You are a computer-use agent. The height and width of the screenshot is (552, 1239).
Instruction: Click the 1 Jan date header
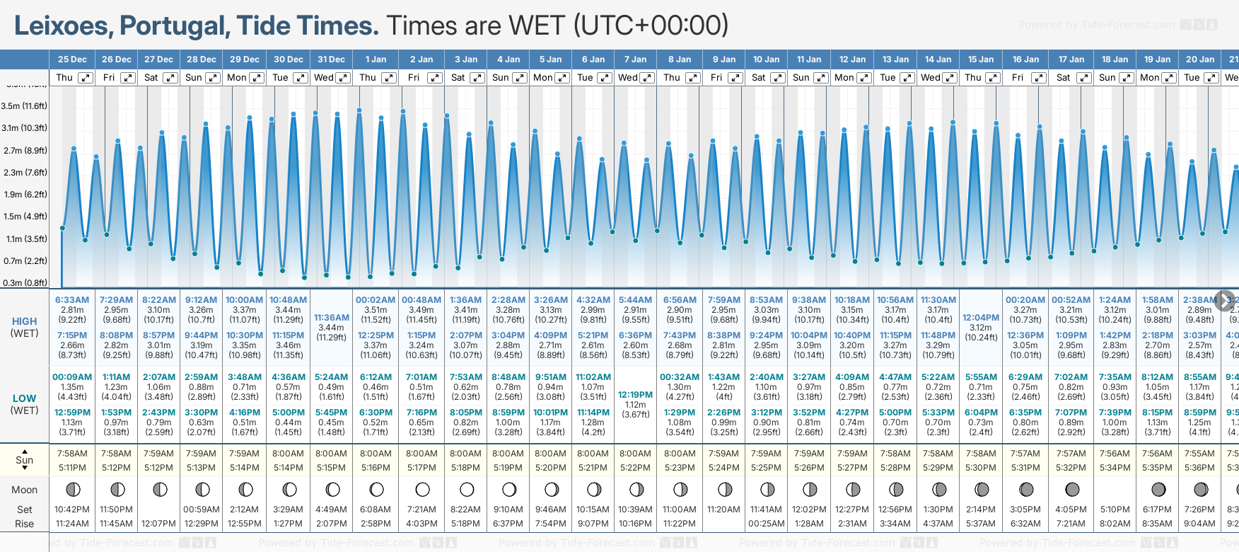click(376, 59)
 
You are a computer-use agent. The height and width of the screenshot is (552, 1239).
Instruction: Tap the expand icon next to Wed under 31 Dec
click(343, 78)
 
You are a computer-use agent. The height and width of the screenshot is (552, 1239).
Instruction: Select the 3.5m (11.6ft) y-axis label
click(24, 106)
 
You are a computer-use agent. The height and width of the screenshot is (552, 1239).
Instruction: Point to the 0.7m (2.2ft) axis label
click(24, 260)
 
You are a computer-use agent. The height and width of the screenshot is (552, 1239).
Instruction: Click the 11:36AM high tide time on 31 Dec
click(331, 318)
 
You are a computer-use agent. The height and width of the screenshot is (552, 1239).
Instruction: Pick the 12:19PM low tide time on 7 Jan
click(635, 395)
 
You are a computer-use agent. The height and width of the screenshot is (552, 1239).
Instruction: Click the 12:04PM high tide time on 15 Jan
click(981, 318)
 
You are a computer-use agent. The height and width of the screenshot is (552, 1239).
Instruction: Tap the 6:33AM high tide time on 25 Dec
click(72, 300)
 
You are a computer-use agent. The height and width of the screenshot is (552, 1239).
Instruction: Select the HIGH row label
click(24, 321)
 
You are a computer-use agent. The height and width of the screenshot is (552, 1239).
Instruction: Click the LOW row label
click(24, 398)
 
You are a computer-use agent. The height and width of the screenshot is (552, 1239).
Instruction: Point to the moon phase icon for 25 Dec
click(72, 489)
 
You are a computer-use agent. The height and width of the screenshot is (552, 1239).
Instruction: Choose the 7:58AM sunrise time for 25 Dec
click(72, 454)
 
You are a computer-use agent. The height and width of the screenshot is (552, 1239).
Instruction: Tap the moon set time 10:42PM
click(72, 510)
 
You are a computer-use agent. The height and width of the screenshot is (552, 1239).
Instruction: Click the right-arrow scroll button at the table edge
click(1225, 300)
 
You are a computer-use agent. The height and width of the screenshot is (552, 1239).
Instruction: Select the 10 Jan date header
click(767, 59)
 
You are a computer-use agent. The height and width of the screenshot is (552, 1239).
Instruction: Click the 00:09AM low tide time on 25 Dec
click(72, 377)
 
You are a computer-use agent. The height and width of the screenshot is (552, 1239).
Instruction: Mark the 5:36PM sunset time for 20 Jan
click(1200, 468)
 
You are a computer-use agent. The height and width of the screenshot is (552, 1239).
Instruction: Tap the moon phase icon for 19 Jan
click(1158, 489)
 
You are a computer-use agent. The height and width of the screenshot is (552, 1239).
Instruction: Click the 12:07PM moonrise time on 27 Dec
click(159, 524)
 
